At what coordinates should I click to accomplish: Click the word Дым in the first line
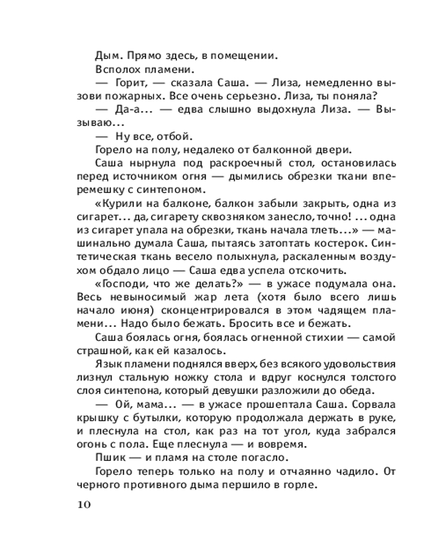(106, 55)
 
